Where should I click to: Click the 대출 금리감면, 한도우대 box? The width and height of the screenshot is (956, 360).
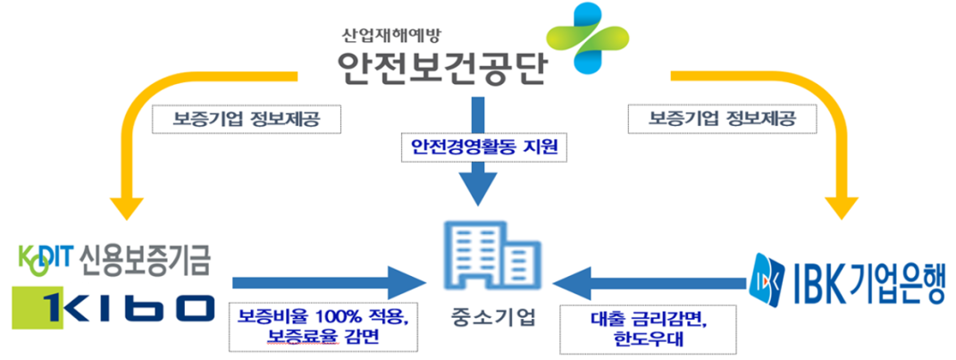click(649, 327)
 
